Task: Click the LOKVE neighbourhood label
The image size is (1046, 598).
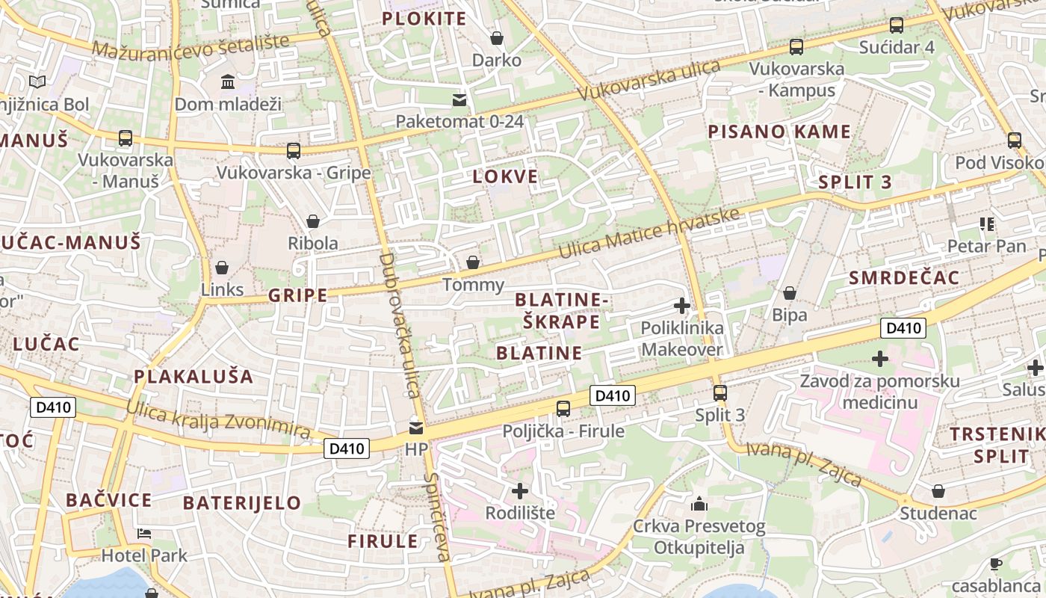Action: click(505, 177)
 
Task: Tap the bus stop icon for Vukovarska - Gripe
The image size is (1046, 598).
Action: click(294, 151)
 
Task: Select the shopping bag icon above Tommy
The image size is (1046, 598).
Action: click(473, 262)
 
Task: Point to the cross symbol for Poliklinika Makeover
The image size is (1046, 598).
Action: click(682, 305)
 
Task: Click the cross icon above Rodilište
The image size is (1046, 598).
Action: click(520, 491)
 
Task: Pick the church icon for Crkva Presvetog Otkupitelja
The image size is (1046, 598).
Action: click(699, 503)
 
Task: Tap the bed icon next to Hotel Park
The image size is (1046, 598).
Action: click(144, 534)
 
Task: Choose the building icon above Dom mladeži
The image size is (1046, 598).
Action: click(228, 81)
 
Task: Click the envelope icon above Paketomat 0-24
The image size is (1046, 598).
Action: click(459, 99)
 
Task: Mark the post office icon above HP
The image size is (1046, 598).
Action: click(415, 428)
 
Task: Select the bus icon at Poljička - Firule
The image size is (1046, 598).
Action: click(563, 409)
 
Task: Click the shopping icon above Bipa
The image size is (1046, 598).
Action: click(790, 293)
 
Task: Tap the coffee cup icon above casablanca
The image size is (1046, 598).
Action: click(995, 564)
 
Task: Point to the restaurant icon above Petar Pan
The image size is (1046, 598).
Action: click(986, 224)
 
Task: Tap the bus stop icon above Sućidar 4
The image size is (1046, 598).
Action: click(897, 25)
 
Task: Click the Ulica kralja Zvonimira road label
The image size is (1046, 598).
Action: click(218, 420)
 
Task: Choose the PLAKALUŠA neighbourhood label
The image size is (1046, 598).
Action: click(194, 376)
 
